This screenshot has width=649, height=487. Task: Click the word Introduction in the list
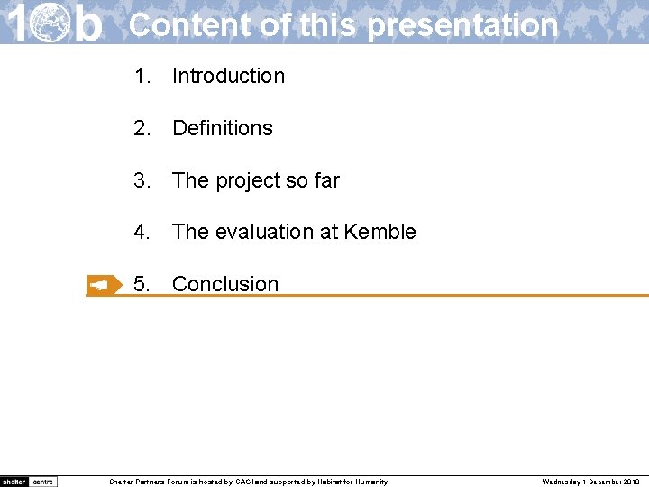point(228,77)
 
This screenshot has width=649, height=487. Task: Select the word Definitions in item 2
point(222,128)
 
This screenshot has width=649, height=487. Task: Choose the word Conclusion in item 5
point(225,284)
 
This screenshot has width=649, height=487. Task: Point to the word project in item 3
point(247,181)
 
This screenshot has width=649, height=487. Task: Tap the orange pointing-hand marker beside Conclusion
point(103,285)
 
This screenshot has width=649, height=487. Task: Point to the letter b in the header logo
point(87,23)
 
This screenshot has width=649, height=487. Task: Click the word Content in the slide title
point(190,24)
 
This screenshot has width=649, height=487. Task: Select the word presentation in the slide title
point(463,25)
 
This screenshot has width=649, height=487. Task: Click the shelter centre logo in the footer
point(29,482)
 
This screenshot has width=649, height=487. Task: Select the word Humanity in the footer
point(371,482)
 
